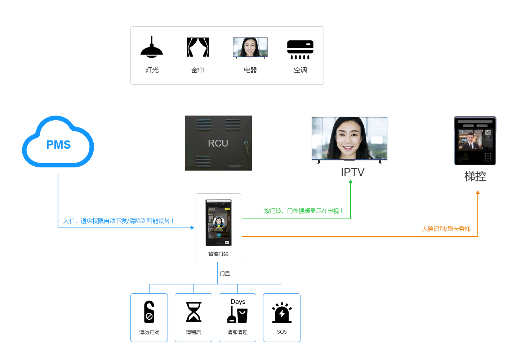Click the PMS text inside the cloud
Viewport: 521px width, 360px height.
click(x=58, y=145)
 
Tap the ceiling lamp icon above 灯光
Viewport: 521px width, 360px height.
click(x=152, y=48)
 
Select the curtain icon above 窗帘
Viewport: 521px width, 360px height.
click(x=198, y=47)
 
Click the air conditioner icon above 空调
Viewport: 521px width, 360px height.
click(x=300, y=50)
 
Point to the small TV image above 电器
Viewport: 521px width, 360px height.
click(x=250, y=48)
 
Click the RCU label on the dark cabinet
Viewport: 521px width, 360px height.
click(x=218, y=143)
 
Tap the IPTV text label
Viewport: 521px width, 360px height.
click(x=352, y=172)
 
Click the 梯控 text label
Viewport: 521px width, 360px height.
click(x=475, y=176)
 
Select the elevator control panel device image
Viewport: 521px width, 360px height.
click(x=475, y=141)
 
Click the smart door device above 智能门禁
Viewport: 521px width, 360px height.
click(x=218, y=222)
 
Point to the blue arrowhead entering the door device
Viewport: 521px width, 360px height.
click(x=192, y=228)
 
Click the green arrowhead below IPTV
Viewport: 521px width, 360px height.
click(x=351, y=182)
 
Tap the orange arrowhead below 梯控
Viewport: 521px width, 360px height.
click(x=478, y=193)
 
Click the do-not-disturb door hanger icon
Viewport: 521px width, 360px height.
click(x=149, y=312)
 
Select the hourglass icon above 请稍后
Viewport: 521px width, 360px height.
click(x=193, y=312)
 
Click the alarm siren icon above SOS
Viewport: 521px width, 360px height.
click(x=282, y=313)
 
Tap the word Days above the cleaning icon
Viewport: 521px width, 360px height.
click(x=238, y=302)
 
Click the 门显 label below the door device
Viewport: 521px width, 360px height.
click(x=225, y=274)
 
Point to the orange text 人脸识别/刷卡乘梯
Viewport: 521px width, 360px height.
click(x=446, y=229)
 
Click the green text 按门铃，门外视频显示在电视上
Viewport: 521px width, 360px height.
click(x=304, y=211)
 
